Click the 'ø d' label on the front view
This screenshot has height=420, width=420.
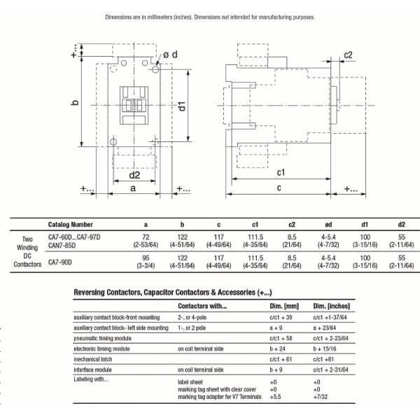[x=171, y=54]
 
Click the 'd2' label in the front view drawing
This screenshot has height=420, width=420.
[x=134, y=174]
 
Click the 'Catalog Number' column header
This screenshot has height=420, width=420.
[x=70, y=225]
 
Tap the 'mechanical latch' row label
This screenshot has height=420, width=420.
[x=97, y=358]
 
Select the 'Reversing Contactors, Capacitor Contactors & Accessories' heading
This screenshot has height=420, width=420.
[x=172, y=291]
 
